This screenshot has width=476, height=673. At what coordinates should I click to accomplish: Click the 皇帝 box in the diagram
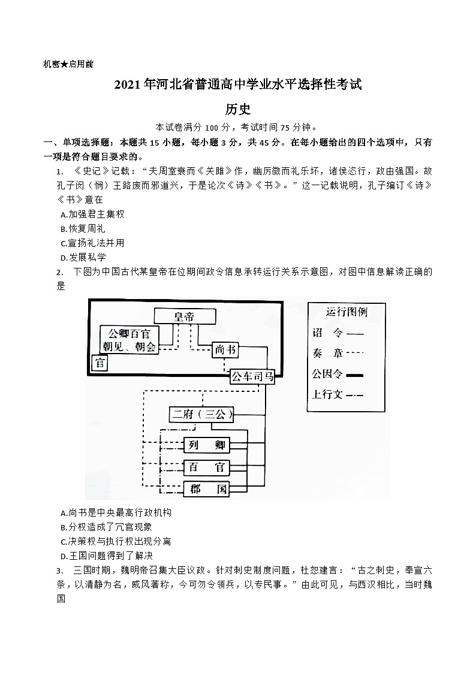(184, 316)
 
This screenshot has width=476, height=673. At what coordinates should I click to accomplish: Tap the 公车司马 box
(252, 376)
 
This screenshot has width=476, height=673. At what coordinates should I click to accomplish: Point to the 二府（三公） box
(201, 414)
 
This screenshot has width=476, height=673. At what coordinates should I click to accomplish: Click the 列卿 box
(206, 445)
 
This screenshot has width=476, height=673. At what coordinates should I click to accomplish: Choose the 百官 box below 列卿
(206, 467)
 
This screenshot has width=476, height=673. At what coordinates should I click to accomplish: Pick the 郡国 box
(206, 489)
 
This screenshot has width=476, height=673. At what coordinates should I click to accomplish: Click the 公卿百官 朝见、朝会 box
(129, 340)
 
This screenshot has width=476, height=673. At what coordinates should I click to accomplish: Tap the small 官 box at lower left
(100, 363)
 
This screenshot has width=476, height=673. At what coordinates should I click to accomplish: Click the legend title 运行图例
(347, 312)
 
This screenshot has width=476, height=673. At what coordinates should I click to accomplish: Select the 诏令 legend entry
(338, 333)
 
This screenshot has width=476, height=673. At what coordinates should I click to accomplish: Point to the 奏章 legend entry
(338, 353)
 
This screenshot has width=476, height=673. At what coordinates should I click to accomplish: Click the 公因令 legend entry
(338, 374)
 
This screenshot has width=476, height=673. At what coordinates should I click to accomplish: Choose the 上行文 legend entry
(338, 394)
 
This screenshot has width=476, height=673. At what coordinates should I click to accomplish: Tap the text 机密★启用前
(68, 64)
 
